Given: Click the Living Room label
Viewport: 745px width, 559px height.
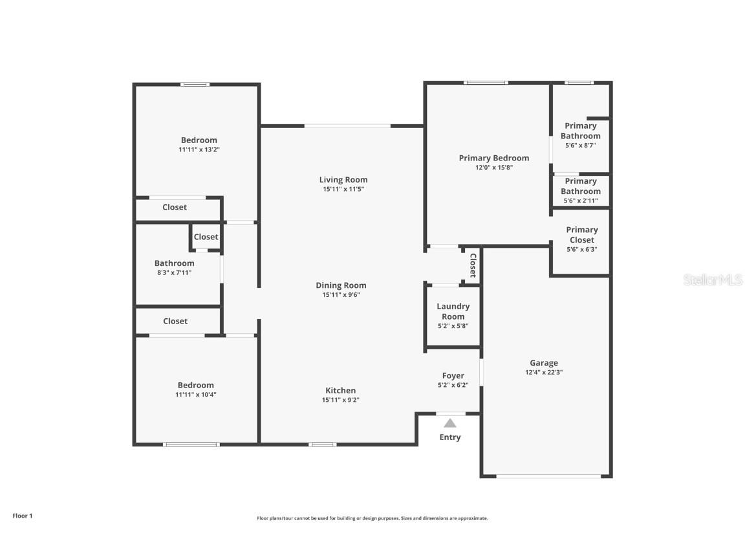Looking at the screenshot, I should [x=343, y=180].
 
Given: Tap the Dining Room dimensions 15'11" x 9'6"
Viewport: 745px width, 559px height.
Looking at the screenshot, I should [x=341, y=295].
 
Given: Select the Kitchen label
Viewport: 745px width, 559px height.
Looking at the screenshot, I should [x=340, y=390].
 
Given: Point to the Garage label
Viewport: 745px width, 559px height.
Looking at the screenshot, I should [x=543, y=363].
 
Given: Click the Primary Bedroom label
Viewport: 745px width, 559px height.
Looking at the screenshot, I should [x=493, y=158].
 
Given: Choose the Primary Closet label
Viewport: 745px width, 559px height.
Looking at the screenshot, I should [x=581, y=235].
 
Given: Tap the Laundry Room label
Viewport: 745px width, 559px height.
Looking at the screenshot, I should [x=453, y=311].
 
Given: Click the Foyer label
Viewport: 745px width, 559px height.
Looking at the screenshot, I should [x=453, y=375].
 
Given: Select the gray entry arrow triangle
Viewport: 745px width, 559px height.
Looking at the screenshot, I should [x=450, y=423].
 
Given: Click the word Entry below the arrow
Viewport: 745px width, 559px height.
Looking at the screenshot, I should [x=450, y=437].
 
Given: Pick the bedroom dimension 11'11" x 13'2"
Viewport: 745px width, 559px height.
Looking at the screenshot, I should [x=199, y=149].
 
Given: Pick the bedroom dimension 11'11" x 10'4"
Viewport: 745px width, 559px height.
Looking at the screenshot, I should [x=195, y=395].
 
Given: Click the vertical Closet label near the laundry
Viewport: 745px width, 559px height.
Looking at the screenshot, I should [x=473, y=265].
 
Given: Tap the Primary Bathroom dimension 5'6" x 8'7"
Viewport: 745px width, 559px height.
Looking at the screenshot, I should [x=580, y=146].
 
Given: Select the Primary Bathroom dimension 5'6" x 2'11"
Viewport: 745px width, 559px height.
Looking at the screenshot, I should [x=580, y=201].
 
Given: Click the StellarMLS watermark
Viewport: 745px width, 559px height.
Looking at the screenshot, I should [x=713, y=280].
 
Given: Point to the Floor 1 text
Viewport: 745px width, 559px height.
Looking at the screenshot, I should [x=22, y=516].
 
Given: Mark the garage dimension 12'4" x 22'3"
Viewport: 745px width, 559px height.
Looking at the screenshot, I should [x=543, y=373].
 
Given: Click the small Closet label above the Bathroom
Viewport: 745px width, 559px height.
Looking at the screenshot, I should [x=206, y=237].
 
